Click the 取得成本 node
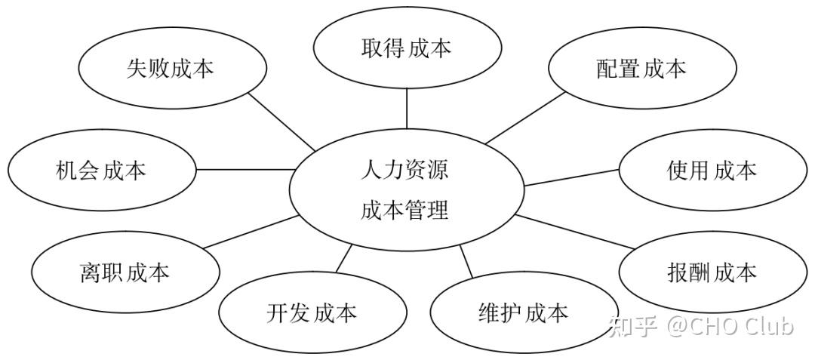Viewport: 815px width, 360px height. (x=406, y=49)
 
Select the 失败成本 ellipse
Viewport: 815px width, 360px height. (x=171, y=69)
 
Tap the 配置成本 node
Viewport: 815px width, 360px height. (x=641, y=69)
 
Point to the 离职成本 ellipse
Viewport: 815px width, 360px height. (x=125, y=272)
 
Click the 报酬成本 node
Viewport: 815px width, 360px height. (x=712, y=272)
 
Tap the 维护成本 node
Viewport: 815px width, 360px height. (x=523, y=312)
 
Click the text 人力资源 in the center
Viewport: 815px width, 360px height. (x=404, y=169)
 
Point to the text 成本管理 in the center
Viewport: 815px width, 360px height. (x=404, y=210)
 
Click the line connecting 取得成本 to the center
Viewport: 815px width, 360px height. (x=406, y=109)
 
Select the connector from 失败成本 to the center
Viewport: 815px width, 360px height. (x=281, y=122)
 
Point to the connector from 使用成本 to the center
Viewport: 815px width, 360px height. (x=571, y=177)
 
